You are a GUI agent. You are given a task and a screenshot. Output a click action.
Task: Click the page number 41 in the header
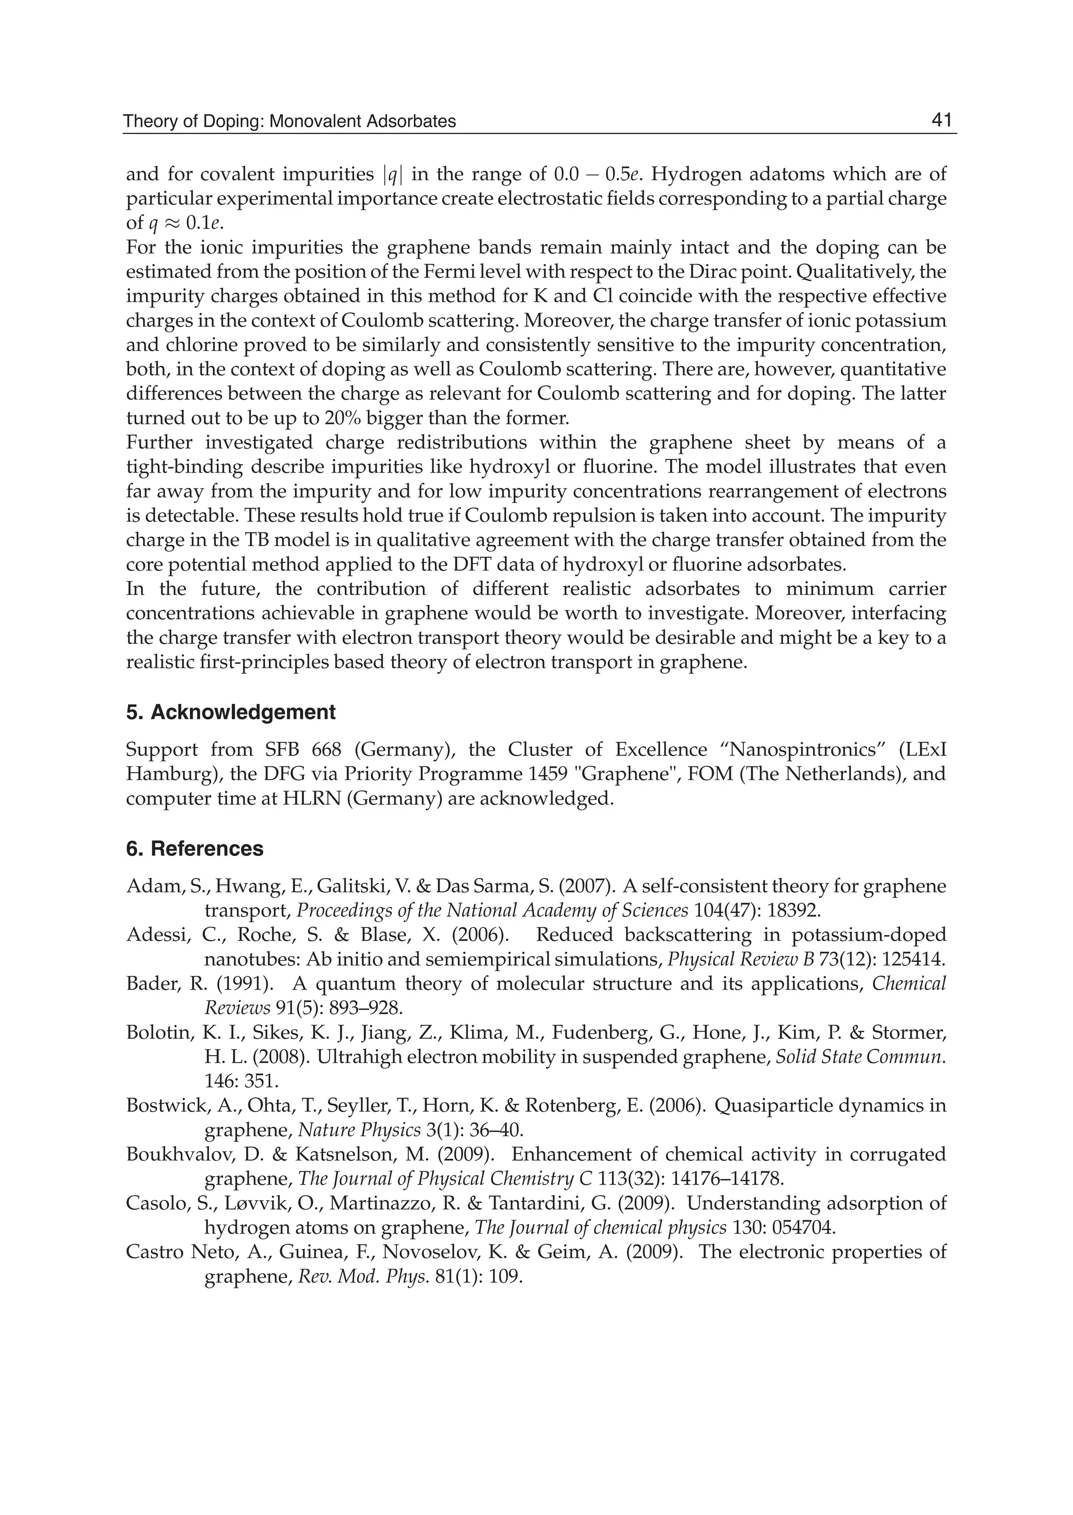941,120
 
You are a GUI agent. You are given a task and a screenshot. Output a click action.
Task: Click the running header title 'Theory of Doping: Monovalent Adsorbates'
289,122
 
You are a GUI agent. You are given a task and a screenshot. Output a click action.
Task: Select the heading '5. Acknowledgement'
231,712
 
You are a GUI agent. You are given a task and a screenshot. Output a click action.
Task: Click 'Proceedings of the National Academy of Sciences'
492,910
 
